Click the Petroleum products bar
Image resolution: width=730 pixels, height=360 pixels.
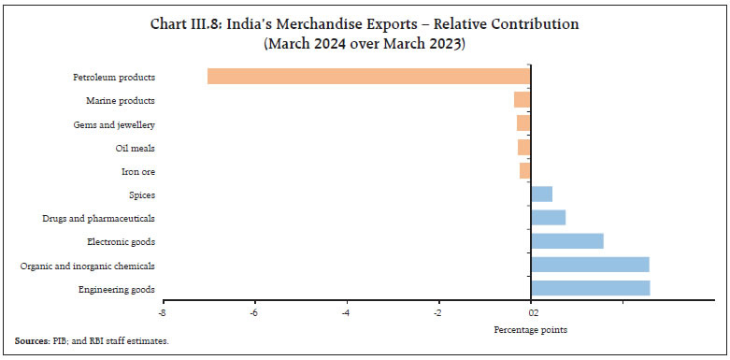click(x=368, y=77)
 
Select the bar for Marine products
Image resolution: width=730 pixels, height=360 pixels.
click(x=522, y=100)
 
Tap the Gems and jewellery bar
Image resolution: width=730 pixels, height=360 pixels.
click(x=523, y=123)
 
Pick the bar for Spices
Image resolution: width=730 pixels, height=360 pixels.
click(x=541, y=194)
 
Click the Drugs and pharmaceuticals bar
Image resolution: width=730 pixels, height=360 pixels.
click(x=548, y=218)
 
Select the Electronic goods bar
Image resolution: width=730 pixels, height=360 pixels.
click(x=566, y=241)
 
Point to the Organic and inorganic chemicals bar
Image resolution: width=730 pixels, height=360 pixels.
click(x=590, y=265)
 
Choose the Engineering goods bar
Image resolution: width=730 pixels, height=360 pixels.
click(x=590, y=289)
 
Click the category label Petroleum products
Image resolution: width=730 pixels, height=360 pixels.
click(x=114, y=77)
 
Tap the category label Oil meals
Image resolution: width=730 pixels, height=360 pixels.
click(x=135, y=148)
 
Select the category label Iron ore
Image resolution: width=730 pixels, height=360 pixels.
click(x=138, y=171)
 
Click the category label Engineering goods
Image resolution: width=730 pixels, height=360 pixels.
click(x=118, y=289)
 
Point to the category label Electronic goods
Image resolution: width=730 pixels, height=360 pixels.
click(x=121, y=242)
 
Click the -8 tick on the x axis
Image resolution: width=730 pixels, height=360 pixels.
click(x=163, y=313)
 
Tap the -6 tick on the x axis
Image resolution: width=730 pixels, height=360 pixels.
click(x=254, y=313)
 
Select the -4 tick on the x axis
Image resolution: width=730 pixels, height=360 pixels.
click(x=346, y=313)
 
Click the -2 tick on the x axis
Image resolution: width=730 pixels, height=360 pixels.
click(x=437, y=313)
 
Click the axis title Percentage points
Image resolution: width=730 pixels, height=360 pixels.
click(x=530, y=329)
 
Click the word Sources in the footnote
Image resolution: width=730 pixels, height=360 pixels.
click(x=32, y=341)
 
